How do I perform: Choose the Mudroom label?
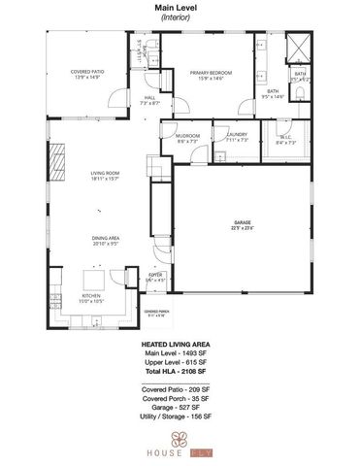tap(187, 138)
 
